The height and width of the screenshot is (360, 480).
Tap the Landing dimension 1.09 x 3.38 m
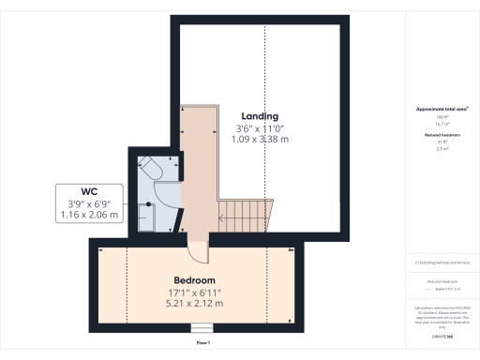click(x=259, y=140)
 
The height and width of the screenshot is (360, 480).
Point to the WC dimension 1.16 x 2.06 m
click(x=90, y=215)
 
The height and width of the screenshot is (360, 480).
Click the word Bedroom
click(x=194, y=280)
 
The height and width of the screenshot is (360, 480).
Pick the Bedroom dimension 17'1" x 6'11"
click(x=194, y=292)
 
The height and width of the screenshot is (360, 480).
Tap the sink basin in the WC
click(x=148, y=214)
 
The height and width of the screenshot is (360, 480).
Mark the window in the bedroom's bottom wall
click(x=201, y=328)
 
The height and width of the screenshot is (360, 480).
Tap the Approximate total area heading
click(x=441, y=109)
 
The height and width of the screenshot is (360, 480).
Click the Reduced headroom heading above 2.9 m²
click(x=441, y=135)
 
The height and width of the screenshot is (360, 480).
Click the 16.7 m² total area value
click(x=441, y=123)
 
